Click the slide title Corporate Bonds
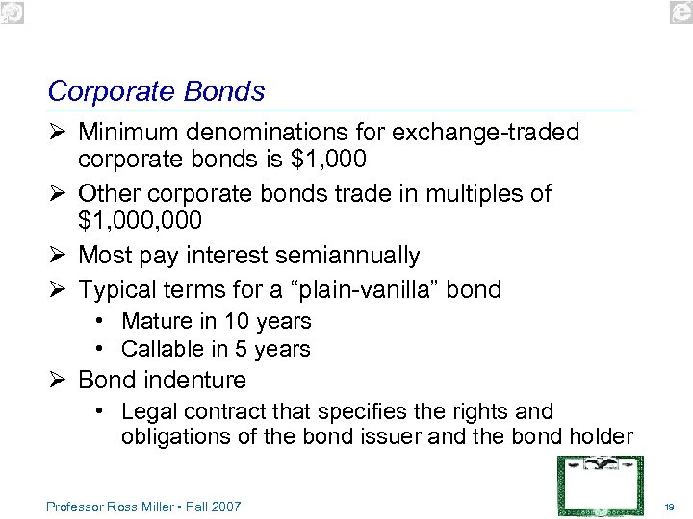tap(156, 91)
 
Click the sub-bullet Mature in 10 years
tap(216, 321)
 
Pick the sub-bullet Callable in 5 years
tap(216, 349)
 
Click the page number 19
tap(670, 507)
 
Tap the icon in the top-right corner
tap(681, 11)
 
